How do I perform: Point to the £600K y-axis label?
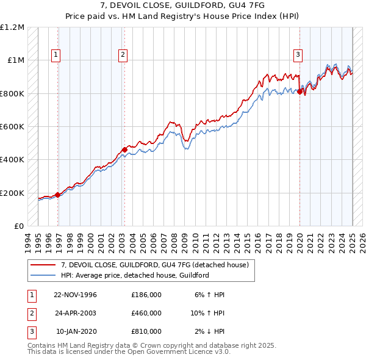13,127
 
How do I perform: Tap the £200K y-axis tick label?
13,193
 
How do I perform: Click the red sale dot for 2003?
124,149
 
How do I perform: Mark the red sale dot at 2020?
300,92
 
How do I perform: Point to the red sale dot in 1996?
58,195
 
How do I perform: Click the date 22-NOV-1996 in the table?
75,295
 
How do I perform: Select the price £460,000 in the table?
146,313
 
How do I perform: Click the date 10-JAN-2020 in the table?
75,331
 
